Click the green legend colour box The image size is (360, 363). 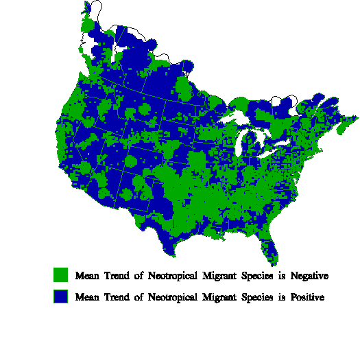pos(61,275)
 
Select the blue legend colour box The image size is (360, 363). pos(61,297)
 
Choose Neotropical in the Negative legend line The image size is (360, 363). pos(169,276)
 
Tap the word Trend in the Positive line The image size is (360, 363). pos(118,298)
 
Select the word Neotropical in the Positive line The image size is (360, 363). pos(169,298)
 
